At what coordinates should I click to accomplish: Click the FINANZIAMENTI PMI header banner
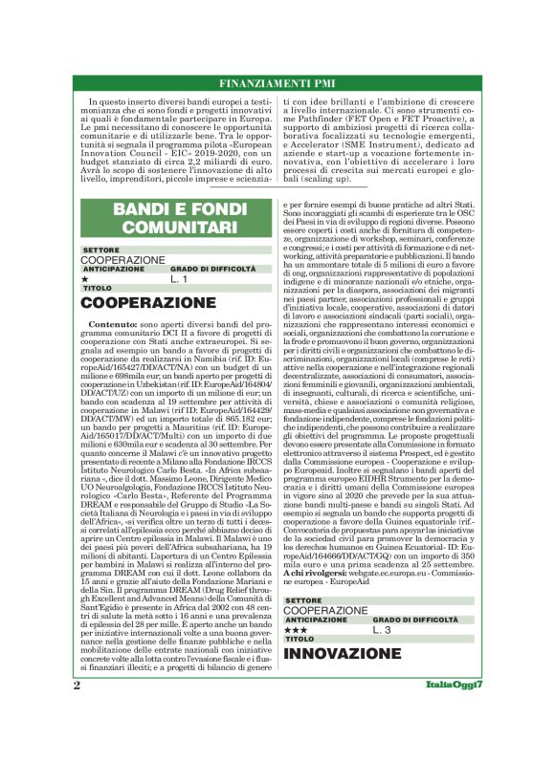coord(277,81)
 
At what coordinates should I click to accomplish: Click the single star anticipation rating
coord(85,280)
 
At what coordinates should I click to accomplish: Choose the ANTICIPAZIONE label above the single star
coord(112,269)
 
